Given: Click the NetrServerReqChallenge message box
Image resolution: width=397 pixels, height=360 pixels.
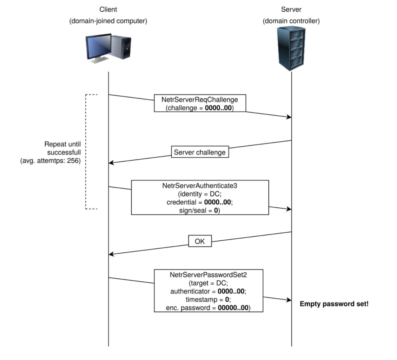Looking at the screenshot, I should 200,103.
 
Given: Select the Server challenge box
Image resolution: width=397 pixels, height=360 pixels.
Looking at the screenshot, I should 199,152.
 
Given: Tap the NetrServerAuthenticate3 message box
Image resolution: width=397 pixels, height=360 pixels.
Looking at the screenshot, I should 200,197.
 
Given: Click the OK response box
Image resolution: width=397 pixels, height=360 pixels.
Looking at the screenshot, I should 200,241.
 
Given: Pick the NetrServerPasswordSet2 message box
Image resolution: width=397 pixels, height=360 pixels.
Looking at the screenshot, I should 208,291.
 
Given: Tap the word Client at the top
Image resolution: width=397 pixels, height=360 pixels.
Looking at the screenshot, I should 108,10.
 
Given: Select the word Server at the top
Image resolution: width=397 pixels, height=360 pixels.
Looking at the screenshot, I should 291,10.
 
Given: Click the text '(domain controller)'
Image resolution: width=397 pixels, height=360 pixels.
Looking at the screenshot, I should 291,21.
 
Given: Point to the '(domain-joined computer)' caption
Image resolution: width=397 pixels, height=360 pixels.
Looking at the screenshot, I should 108,21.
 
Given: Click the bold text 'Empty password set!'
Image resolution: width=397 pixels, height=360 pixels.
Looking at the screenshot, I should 334,304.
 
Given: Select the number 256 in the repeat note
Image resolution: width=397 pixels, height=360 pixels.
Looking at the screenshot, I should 74,161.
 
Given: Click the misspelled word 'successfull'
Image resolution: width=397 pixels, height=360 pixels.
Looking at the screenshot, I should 64,153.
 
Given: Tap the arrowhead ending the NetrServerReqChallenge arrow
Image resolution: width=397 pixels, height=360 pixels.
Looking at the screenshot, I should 289,117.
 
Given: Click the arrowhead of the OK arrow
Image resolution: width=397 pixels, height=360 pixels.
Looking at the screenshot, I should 111,254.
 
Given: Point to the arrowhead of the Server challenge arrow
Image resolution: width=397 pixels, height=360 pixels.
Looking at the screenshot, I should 111,163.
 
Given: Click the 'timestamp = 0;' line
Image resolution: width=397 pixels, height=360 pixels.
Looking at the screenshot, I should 208,300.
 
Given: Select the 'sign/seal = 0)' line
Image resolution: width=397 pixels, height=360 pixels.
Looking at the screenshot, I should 199,211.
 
